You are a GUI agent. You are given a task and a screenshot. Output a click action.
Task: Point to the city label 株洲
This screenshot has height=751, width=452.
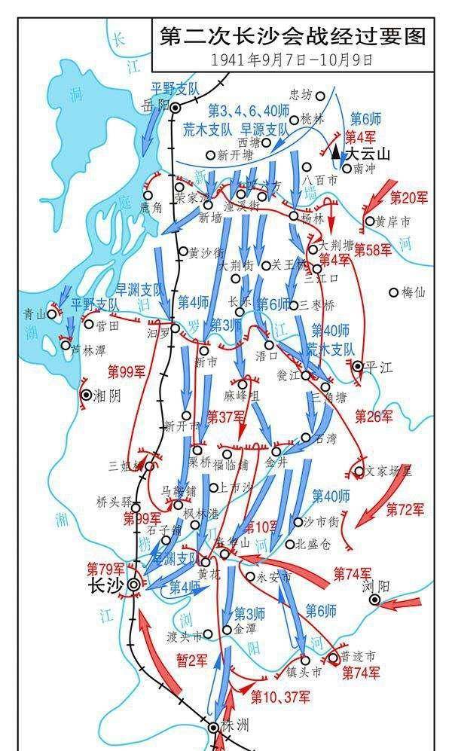(235, 726)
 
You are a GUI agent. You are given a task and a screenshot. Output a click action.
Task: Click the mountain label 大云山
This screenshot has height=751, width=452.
(368, 154)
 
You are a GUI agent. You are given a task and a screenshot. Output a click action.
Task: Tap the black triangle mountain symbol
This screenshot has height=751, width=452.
(336, 150)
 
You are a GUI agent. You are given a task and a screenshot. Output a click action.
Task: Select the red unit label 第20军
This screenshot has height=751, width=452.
(409, 197)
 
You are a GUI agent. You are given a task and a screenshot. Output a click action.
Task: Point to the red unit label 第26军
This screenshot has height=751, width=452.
(374, 416)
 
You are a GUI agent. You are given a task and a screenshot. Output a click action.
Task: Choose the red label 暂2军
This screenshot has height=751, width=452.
(191, 661)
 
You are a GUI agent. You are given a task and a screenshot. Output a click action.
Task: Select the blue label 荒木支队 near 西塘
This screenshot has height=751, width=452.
(208, 129)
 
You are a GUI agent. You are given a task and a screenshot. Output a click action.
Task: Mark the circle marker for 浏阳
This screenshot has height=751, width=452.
(375, 600)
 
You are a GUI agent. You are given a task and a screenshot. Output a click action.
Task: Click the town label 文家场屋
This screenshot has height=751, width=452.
(389, 472)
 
